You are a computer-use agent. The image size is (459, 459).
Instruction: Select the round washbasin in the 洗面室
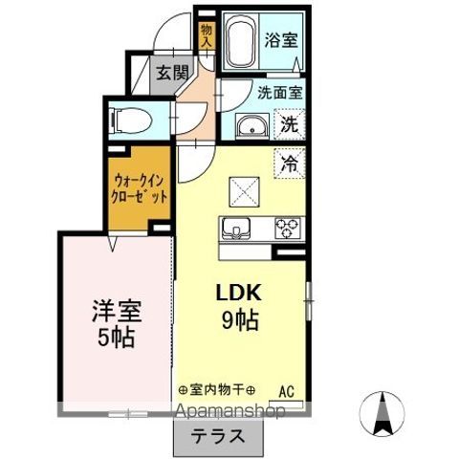click(252, 126)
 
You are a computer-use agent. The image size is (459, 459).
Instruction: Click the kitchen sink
click(236, 229)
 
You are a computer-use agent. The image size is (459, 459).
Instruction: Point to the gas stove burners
click(287, 229)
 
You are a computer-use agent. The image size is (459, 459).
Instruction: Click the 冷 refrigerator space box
click(287, 164)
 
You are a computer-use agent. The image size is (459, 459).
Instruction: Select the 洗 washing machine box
click(288, 123)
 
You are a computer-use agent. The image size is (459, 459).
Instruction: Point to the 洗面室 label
click(279, 93)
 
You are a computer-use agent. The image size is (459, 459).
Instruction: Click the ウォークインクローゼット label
click(141, 186)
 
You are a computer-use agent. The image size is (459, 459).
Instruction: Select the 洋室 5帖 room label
click(116, 323)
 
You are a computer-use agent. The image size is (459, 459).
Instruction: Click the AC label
click(286, 390)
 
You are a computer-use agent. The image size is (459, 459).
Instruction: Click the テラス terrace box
click(218, 439)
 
